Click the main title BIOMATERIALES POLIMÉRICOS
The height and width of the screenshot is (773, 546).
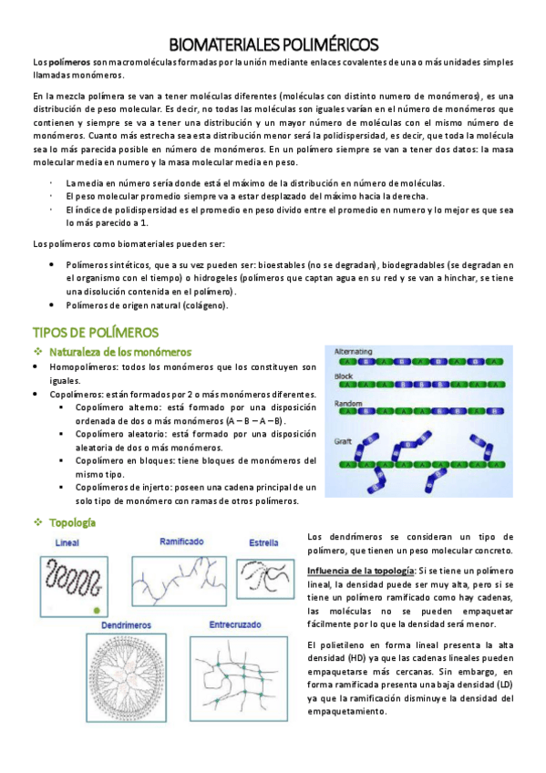point(273,46)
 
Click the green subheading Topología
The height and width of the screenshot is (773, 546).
point(73,523)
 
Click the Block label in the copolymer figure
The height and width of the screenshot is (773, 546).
point(345,376)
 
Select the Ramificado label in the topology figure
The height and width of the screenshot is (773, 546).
point(182,541)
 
